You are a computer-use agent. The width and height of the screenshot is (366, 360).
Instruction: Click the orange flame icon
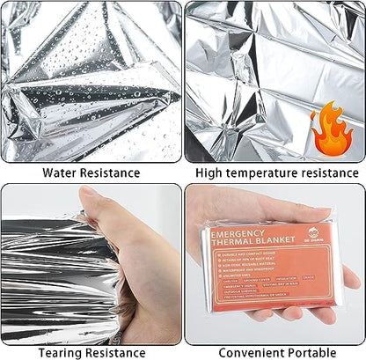[332, 126]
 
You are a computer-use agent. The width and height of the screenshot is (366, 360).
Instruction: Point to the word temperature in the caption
[265, 173]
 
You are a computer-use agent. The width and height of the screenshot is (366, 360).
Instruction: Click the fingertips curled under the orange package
[290, 312]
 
